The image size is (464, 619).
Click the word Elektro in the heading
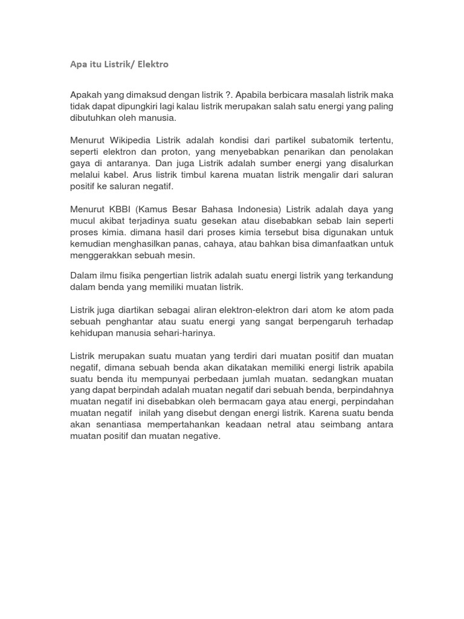click(x=153, y=64)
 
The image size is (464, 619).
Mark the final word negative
click(x=200, y=436)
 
